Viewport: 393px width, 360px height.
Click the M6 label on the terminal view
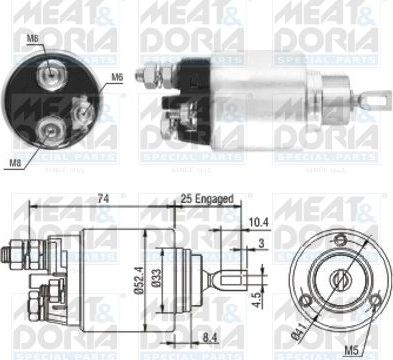(116, 77)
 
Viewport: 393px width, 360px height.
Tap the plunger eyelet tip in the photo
(379, 100)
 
